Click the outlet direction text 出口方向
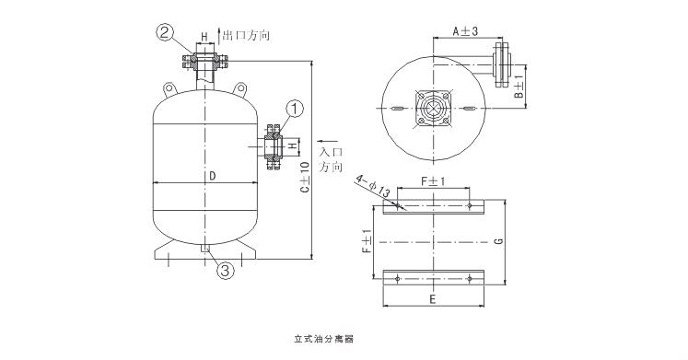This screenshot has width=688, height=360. [x=246, y=35]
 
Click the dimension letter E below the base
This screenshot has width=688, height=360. [x=434, y=297]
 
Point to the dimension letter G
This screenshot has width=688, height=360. [x=498, y=241]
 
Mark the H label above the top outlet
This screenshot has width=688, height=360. [x=204, y=40]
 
